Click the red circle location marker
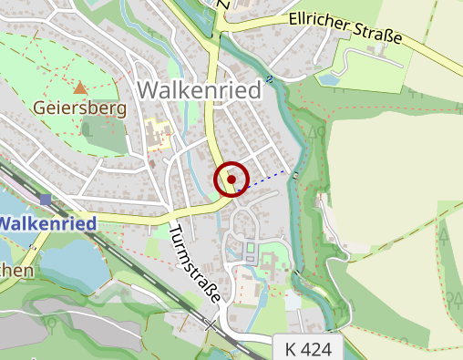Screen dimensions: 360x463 point(231,180)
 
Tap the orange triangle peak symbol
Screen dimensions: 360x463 point(80,88)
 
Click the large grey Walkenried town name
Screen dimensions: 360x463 point(198,89)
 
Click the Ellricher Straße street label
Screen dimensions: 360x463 point(345,28)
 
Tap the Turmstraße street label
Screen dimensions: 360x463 point(196,265)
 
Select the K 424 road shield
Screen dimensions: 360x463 point(308,346)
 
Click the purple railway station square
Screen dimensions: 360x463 point(46,199)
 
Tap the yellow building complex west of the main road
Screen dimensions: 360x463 point(159,136)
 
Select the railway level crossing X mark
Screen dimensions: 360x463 point(211,324)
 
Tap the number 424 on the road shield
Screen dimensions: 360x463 point(318,346)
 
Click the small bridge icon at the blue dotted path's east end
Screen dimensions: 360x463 point(293,173)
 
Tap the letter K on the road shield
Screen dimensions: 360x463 point(291,346)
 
